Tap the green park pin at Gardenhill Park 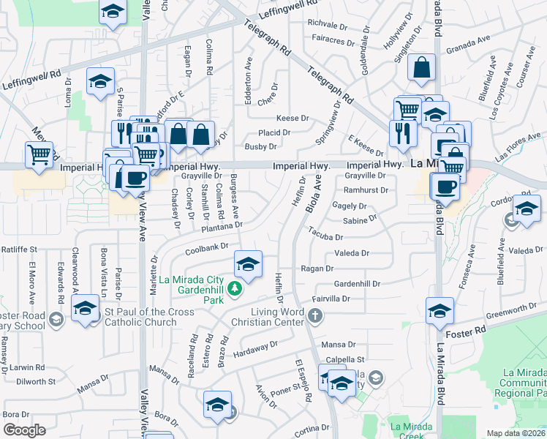point(234,290)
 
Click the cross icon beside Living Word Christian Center point(315,316)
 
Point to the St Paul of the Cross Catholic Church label point(149,317)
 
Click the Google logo point(24,430)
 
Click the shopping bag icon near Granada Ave point(423,69)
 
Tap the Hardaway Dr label point(255,349)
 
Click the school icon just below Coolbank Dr point(248,264)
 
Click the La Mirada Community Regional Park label point(522,383)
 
